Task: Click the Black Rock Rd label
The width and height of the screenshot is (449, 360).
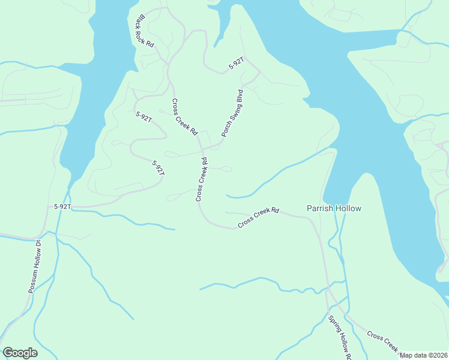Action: (x=146, y=32)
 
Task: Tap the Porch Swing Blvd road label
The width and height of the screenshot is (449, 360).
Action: (x=232, y=113)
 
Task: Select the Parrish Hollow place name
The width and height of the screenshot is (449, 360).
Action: (x=334, y=208)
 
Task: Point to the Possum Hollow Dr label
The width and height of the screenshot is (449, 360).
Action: (x=34, y=266)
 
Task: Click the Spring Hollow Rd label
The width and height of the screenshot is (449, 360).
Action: (x=339, y=335)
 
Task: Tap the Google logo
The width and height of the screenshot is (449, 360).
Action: (x=20, y=353)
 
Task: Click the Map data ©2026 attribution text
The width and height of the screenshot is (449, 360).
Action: (x=424, y=355)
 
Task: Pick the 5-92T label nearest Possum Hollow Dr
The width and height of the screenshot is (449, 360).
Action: (x=62, y=206)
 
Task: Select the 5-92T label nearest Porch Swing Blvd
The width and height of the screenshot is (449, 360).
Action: (x=235, y=64)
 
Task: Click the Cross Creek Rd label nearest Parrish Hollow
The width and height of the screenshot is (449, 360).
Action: (x=259, y=217)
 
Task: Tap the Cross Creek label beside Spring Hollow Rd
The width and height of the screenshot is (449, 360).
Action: (x=383, y=340)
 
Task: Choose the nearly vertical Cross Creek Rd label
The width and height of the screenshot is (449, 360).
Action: (x=201, y=179)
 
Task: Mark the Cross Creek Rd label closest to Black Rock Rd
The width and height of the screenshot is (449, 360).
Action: (x=184, y=117)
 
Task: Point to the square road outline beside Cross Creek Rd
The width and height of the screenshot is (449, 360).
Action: (x=205, y=138)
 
